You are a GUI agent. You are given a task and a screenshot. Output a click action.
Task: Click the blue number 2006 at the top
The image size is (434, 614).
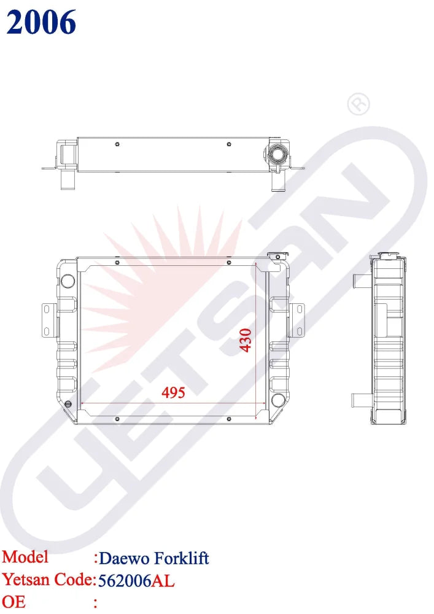pos(41,23)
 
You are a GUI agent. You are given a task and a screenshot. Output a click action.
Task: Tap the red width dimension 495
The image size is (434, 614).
pos(173,393)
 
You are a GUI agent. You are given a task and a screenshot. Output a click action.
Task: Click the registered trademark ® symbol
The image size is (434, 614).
pos(358,105)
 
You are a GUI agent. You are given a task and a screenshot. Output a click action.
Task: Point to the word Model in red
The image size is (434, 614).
pos(25,557)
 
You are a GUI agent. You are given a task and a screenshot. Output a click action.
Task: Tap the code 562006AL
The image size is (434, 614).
pos(136,580)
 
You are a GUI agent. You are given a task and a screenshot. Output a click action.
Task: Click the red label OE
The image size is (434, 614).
pos(14,602)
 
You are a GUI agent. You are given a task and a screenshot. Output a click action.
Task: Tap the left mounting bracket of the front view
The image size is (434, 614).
pos(48,320)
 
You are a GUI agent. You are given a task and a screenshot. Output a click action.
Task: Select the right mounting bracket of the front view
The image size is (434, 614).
pos(297,320)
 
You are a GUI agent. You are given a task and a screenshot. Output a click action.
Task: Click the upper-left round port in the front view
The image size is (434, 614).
pos(67,282)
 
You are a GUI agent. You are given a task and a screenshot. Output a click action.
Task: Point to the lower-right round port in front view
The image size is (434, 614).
pos(278,400)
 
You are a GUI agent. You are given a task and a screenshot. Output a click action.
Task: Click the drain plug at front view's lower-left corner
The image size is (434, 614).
pos(68,404)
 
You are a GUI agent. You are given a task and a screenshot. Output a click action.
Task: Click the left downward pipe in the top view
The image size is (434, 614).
pos(66,181)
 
